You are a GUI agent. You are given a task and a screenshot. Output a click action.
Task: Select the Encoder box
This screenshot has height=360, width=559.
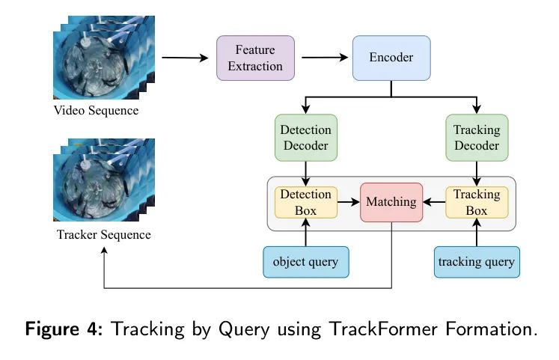click(x=391, y=57)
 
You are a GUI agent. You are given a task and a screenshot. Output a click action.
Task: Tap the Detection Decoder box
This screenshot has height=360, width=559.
click(x=305, y=137)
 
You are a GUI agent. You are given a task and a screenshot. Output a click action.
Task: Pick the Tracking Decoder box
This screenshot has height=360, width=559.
click(x=477, y=137)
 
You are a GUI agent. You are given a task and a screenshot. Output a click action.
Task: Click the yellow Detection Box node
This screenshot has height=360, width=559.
click(x=305, y=201)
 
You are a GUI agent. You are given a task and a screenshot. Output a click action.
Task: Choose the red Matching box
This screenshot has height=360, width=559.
click(x=391, y=201)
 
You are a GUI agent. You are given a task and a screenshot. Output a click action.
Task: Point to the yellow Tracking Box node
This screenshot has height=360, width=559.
click(x=477, y=201)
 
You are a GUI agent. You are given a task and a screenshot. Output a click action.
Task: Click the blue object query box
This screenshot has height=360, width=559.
click(x=305, y=262)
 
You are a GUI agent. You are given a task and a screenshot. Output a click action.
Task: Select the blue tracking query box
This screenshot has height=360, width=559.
click(x=477, y=262)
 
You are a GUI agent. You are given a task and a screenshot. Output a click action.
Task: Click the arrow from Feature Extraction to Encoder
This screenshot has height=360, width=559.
click(x=324, y=57)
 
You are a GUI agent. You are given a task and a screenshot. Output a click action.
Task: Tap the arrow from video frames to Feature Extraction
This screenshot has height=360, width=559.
click(x=184, y=58)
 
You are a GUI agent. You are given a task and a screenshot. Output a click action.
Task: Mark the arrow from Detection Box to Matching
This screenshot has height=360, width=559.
click(x=349, y=201)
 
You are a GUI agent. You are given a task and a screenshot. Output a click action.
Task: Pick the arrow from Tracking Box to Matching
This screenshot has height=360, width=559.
click(x=434, y=201)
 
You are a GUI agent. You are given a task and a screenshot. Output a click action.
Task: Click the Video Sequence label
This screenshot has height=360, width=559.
click(x=96, y=112)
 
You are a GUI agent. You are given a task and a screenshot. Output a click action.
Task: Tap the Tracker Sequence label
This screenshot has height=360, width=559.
click(x=103, y=235)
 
